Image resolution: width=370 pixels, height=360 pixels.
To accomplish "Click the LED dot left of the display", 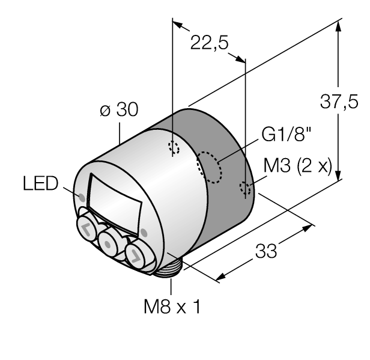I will pyautogui.click(x=81, y=197).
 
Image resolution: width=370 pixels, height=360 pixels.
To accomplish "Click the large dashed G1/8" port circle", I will pyautogui.click(x=210, y=166).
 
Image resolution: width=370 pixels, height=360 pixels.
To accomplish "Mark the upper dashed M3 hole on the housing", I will pyautogui.click(x=174, y=148).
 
